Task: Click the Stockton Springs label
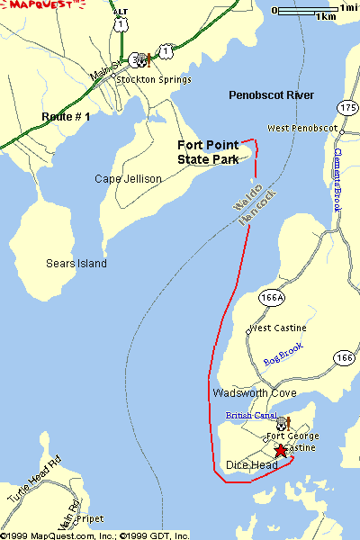pos(154,79)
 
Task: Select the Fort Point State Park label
pos(208,152)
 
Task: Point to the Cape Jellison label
pos(128,179)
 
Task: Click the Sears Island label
pos(76,264)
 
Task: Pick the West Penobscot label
pos(301,129)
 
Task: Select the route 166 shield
pos(344,357)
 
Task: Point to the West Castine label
pos(272,328)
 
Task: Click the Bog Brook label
pos(283,354)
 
